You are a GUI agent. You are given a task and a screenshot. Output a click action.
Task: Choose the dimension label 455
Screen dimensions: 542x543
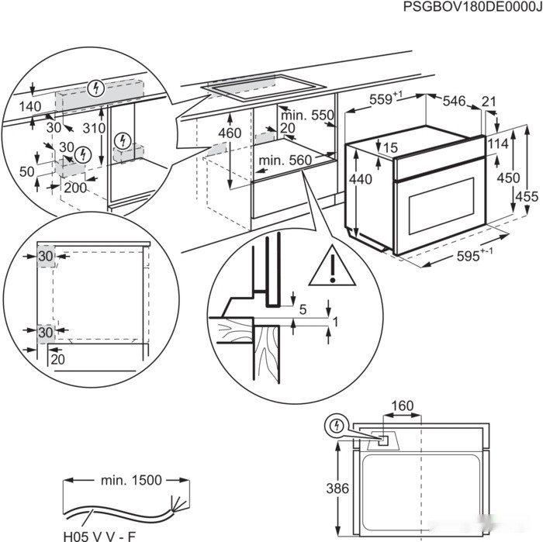click(527, 196)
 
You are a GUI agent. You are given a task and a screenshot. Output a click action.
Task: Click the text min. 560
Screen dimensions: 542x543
click(284, 161)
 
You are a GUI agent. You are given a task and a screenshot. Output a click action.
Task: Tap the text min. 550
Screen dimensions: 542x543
click(306, 115)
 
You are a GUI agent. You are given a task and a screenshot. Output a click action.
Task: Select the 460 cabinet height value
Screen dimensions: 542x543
click(230, 133)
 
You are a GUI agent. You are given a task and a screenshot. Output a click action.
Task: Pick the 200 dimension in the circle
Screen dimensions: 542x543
click(74, 187)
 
